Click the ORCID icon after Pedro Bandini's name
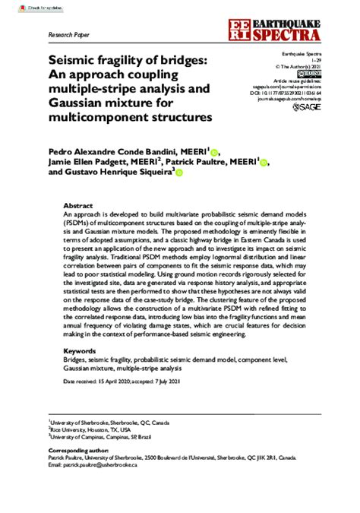(214, 152)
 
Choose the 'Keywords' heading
(81, 352)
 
